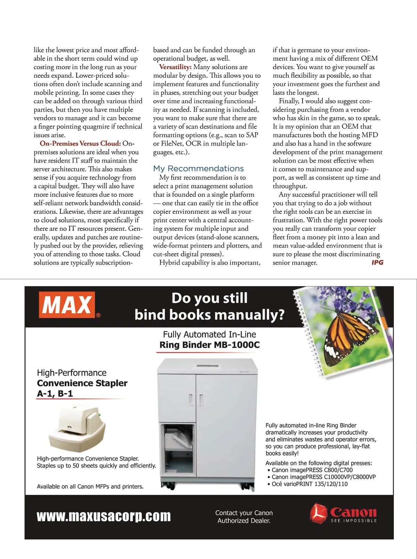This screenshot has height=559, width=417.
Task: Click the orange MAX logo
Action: pyautogui.click(x=67, y=305)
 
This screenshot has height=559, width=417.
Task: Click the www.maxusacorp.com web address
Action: pyautogui.click(x=104, y=516)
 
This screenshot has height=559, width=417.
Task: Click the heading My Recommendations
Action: pyautogui.click(x=198, y=169)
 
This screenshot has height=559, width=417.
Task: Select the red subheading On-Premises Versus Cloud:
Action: pyautogui.click(x=80, y=144)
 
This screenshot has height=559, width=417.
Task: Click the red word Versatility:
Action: pyautogui.click(x=175, y=67)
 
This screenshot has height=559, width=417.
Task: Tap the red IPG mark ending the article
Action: pyautogui.click(x=377, y=262)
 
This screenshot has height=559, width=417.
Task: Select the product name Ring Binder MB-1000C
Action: pyautogui.click(x=210, y=345)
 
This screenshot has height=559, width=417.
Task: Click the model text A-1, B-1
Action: pyautogui.click(x=55, y=394)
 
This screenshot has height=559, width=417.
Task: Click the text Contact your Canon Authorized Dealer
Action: pyautogui.click(x=244, y=517)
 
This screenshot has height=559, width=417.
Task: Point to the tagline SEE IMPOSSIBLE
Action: pyautogui.click(x=353, y=521)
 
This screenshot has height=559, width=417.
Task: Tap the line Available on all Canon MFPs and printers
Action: pyautogui.click(x=90, y=486)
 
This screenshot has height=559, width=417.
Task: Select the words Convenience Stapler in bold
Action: pyautogui.click(x=82, y=383)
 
